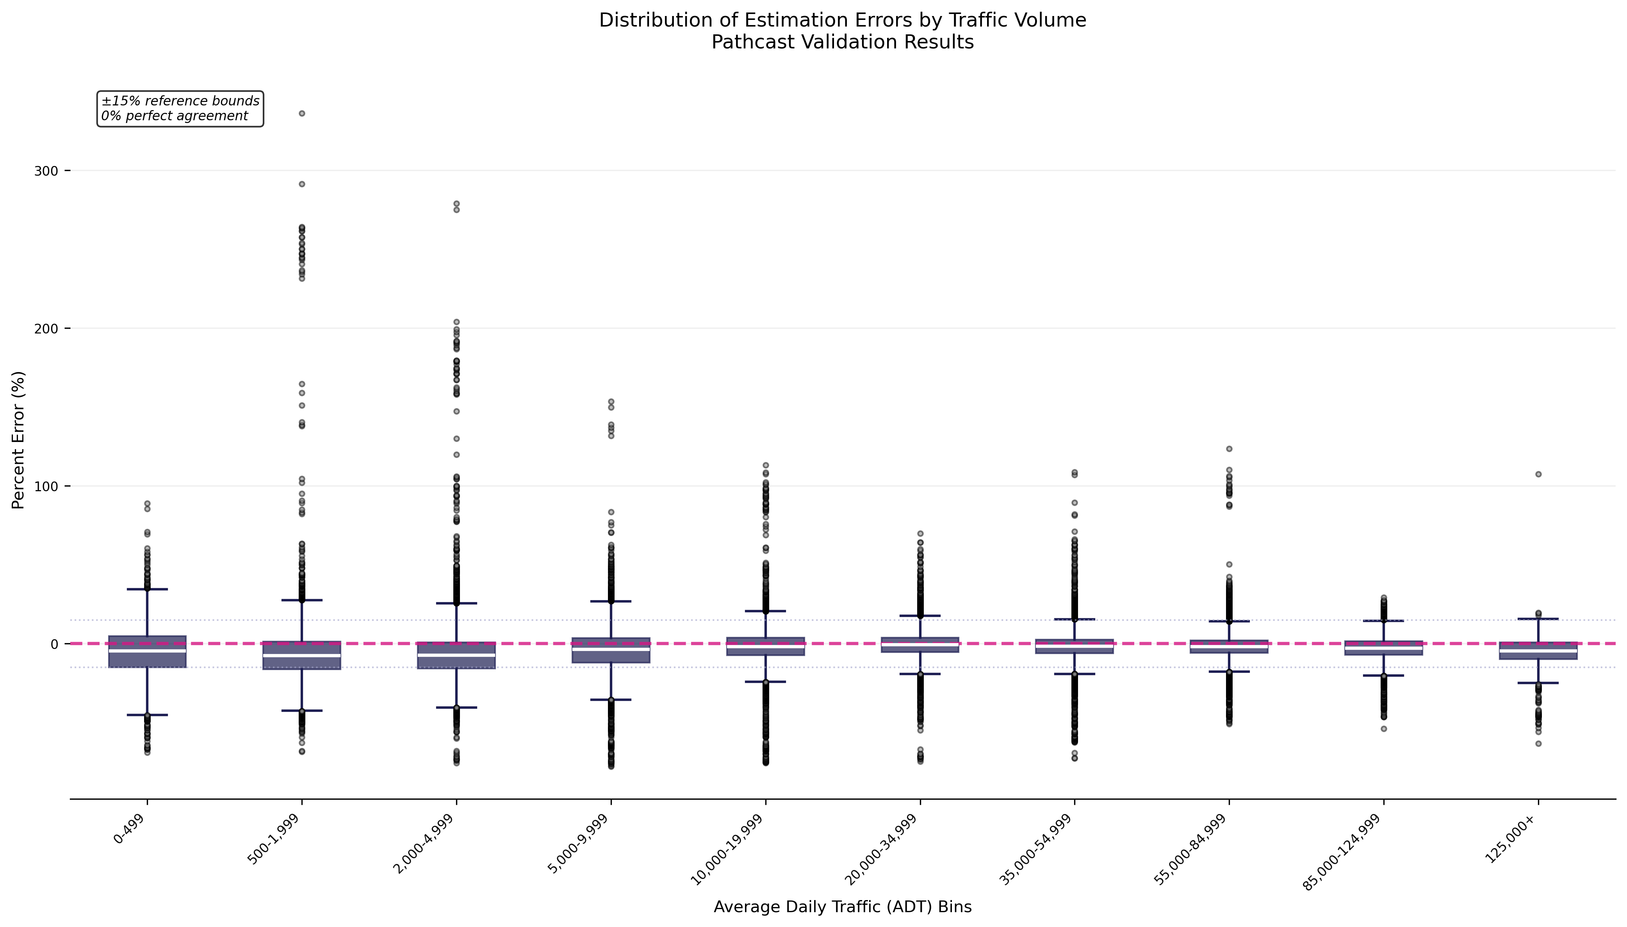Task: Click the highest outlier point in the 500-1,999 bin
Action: (x=302, y=113)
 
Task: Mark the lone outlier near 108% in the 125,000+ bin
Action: (x=1538, y=474)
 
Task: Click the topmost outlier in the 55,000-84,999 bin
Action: (x=1228, y=449)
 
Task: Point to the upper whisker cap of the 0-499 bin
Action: (x=147, y=590)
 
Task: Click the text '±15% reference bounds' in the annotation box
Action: (x=180, y=101)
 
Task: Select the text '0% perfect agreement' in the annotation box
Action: (x=175, y=116)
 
